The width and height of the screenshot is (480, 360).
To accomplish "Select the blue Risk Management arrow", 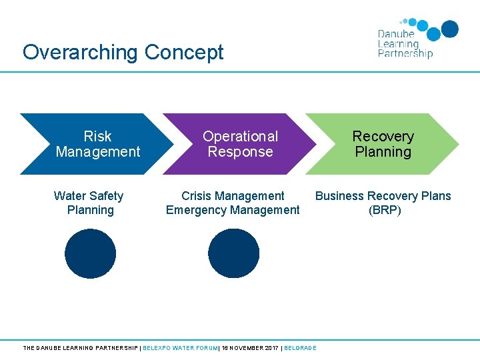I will [93, 144].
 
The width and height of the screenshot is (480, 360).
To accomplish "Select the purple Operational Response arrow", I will [240, 144].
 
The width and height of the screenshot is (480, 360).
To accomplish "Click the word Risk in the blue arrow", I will [97, 137].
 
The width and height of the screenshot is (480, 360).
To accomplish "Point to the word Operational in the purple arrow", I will [240, 137].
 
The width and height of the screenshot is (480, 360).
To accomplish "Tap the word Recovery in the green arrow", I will [383, 137].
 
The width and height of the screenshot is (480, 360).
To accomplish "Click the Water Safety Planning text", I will [89, 203].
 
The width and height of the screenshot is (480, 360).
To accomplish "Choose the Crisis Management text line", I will [233, 196].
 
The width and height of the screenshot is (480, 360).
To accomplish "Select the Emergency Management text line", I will [233, 210].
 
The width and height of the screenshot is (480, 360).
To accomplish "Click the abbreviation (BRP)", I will [385, 210].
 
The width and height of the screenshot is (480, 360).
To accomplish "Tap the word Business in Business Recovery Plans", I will [339, 196].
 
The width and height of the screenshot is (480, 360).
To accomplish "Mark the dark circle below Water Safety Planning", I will [90, 253].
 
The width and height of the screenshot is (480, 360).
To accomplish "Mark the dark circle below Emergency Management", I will [233, 253].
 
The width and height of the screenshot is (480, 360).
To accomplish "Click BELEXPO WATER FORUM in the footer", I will [181, 348].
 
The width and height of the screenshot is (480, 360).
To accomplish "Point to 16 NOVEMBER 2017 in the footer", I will [249, 348].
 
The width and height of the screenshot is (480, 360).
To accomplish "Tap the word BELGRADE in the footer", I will [300, 348].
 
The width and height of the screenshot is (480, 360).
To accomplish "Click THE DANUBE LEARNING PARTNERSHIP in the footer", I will [80, 348].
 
